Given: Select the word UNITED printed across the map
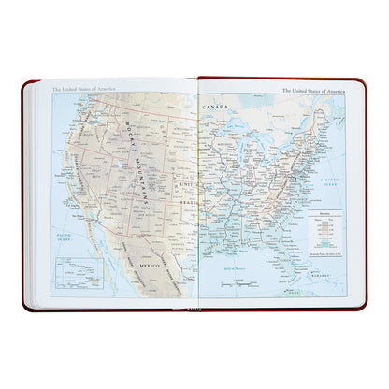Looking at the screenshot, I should (x=187, y=186).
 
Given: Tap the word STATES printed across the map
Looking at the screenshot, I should (x=188, y=202).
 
